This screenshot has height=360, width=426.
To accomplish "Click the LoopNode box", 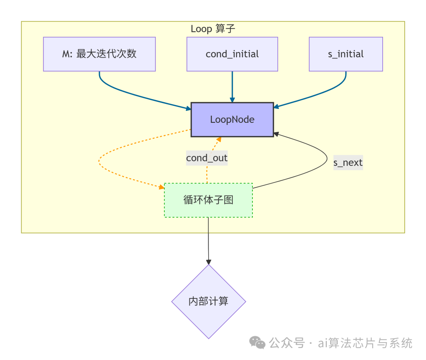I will click(232, 120).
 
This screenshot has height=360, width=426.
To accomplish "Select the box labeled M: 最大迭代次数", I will click(99, 54).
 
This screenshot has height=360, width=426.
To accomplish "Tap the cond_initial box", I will click(232, 54).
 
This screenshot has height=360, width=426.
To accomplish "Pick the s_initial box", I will click(346, 54).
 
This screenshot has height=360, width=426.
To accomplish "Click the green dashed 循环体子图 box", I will click(208, 200).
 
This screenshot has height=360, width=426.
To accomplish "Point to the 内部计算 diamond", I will click(208, 302).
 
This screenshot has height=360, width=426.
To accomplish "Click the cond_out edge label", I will click(207, 158).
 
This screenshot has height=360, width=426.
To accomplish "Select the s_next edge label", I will click(348, 162).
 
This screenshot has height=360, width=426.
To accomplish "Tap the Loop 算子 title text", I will click(213, 29).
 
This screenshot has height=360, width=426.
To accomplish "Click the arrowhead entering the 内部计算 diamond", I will click(209, 262).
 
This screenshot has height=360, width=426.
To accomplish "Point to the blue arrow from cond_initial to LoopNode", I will click(232, 87).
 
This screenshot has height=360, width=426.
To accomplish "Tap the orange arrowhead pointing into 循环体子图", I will click(161, 187).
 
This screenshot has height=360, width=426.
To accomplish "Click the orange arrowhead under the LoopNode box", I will click(218, 140).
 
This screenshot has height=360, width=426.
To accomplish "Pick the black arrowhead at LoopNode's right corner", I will click(277, 134).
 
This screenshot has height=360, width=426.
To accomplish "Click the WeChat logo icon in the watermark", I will click(258, 343).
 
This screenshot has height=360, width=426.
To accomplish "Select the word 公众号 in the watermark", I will click(287, 343).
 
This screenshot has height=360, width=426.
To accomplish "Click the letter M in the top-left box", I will click(66, 54).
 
